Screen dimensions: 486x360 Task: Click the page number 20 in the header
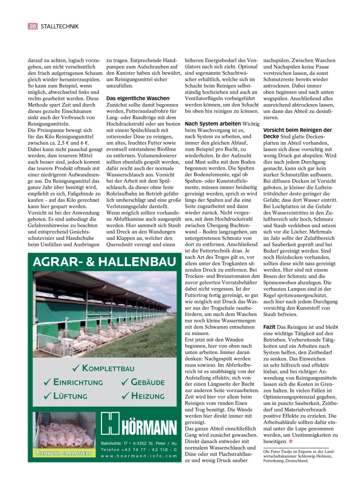(32, 26)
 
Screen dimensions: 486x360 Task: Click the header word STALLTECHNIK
(60, 26)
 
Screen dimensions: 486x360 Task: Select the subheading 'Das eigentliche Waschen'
(138, 98)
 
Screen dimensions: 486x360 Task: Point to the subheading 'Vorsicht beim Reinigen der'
(297, 130)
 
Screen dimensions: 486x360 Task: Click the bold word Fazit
(270, 326)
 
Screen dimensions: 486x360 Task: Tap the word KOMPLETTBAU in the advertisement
(108, 369)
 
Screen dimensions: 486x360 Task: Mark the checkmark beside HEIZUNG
(124, 396)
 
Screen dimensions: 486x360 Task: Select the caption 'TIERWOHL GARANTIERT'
(64, 453)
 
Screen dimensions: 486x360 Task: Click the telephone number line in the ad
(138, 450)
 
